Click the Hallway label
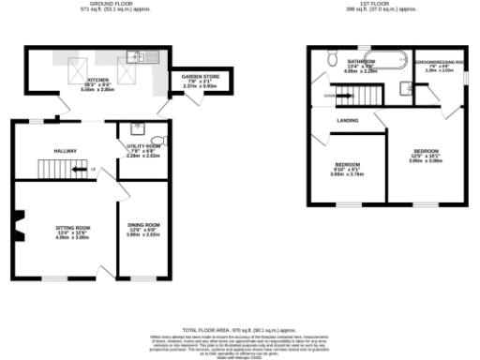[x=65, y=150]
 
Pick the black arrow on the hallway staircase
[x=91, y=169]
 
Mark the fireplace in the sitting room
[x=18, y=224]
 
